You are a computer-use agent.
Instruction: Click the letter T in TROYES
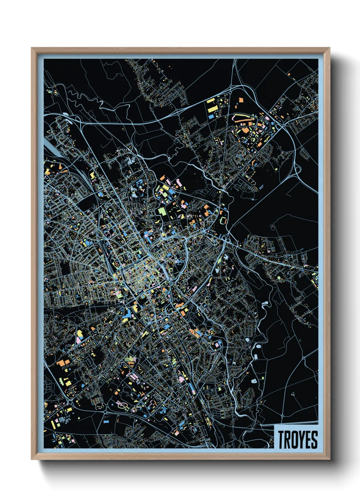point(282,440)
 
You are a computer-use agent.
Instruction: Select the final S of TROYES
point(315,440)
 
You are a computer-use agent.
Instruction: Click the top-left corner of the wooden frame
point(32,48)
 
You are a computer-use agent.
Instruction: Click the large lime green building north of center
point(162,211)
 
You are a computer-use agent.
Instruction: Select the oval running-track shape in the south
point(122,405)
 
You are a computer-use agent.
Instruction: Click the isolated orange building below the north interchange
point(241,100)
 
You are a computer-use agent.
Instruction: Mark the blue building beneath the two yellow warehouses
point(211,116)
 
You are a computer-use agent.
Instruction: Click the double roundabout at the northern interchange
point(231,89)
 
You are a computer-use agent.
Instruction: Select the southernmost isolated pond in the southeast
point(253,381)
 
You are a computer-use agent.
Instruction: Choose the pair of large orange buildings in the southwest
point(63,363)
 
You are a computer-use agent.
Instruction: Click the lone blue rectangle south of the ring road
point(106,421)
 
